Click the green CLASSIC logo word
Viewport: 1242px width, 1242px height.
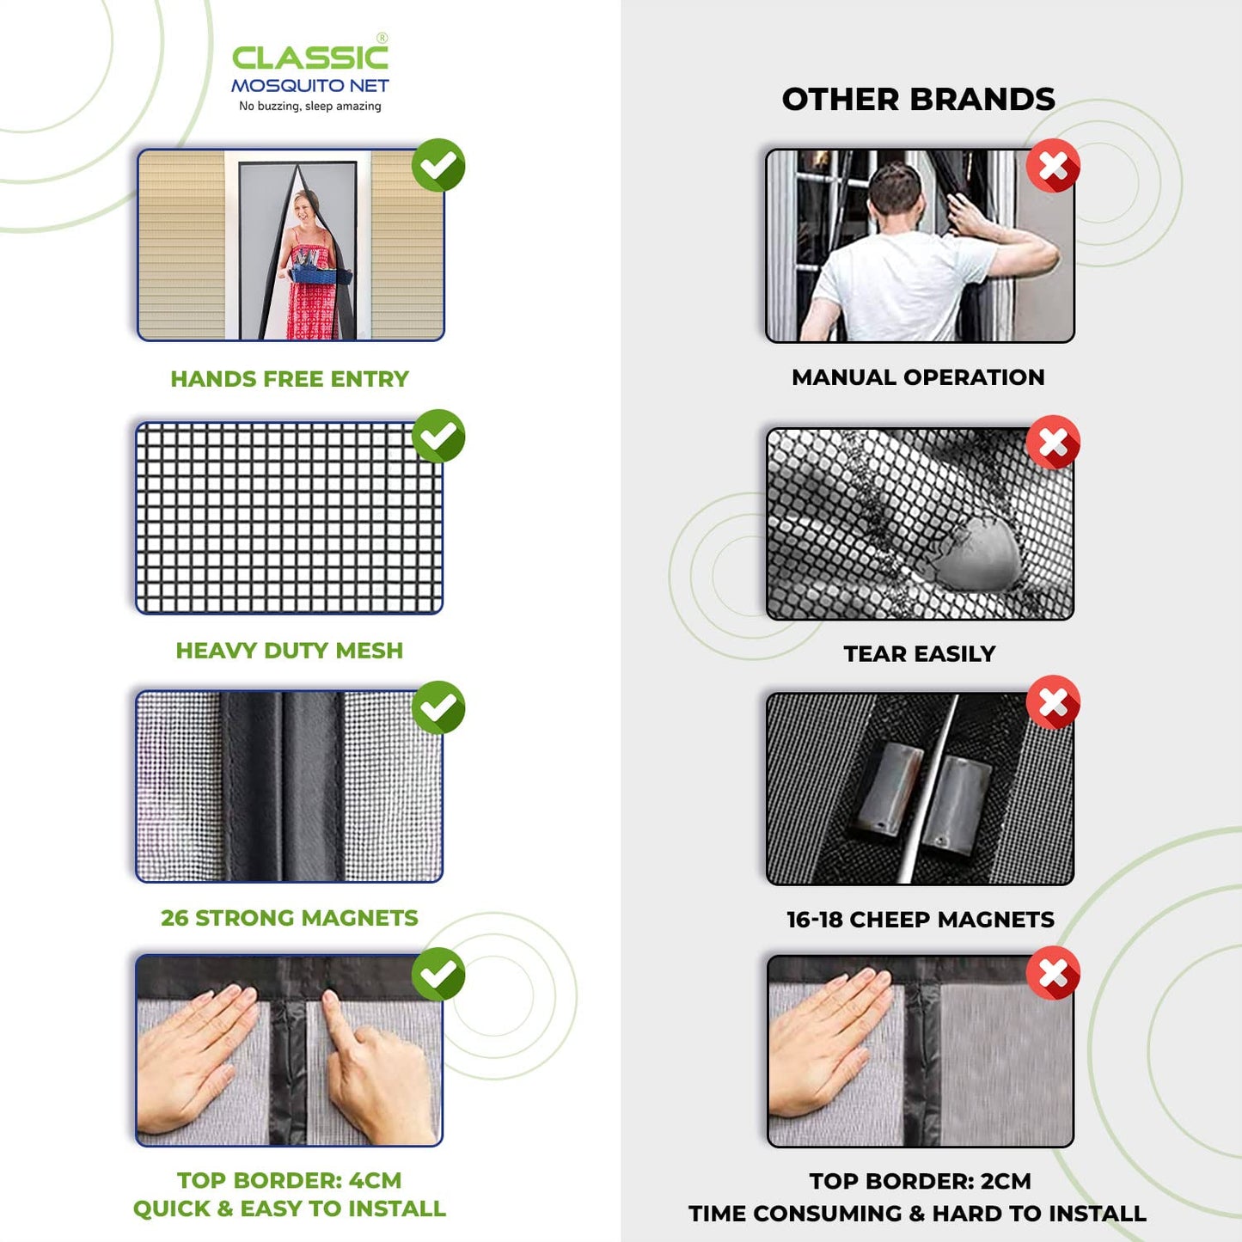tap(309, 58)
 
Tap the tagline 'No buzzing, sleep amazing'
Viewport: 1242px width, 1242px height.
tap(309, 106)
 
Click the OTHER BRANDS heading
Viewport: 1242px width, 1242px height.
tap(918, 99)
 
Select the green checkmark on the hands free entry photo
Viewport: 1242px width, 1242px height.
tap(438, 165)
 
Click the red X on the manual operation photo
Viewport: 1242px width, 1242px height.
tap(1053, 166)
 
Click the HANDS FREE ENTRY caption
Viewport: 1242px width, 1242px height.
tap(290, 379)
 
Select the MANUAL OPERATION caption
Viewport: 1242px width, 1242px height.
tap(918, 377)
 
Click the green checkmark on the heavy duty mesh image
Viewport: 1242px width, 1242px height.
tap(438, 436)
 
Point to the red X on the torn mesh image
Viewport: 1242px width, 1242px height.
tap(1053, 443)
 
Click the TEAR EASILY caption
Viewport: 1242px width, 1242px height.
tap(919, 654)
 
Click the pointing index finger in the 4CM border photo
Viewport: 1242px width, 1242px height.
tap(336, 1014)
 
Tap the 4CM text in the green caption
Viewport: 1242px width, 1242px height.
tap(375, 1180)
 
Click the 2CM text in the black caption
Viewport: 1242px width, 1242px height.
tap(1006, 1181)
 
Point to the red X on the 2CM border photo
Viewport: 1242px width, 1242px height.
tap(1053, 973)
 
